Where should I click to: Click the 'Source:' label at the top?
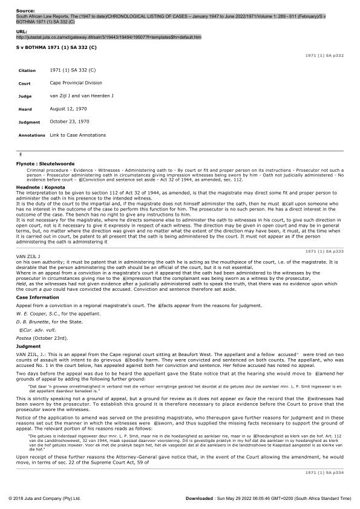click(x=25, y=10)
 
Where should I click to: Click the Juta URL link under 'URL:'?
click(x=109, y=37)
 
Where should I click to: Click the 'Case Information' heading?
click(x=38, y=297)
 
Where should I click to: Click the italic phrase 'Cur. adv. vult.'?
click(x=40, y=330)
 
